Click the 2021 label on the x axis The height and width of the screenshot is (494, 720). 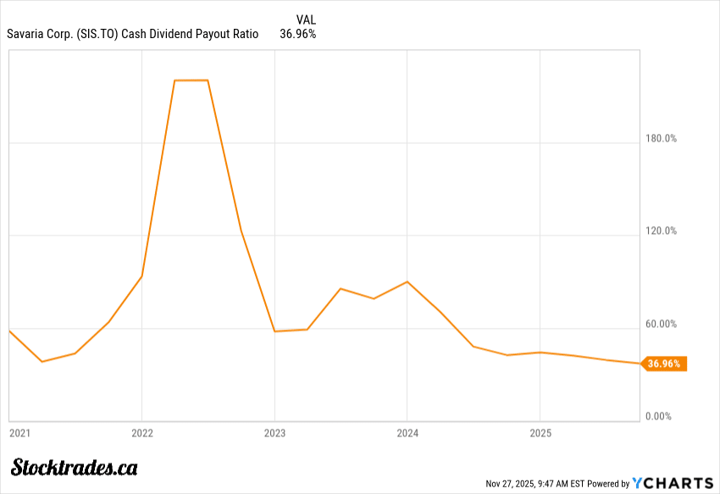click(x=19, y=433)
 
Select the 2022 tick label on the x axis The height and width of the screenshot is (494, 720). click(x=141, y=433)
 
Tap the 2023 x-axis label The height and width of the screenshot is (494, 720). click(x=274, y=433)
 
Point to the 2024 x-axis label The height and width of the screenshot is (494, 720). click(x=407, y=433)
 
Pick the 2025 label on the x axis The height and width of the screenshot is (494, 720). click(x=540, y=433)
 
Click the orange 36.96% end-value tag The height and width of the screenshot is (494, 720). click(x=665, y=364)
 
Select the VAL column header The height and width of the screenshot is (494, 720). click(x=306, y=19)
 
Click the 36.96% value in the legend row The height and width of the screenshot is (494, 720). click(x=297, y=34)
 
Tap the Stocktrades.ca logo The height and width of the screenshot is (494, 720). click(x=75, y=467)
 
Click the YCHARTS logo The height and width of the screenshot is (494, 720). click(x=673, y=483)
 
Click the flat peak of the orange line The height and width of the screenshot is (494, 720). click(x=191, y=80)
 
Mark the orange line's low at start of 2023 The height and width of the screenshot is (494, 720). click(x=274, y=330)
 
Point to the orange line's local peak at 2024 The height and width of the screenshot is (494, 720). click(x=407, y=281)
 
